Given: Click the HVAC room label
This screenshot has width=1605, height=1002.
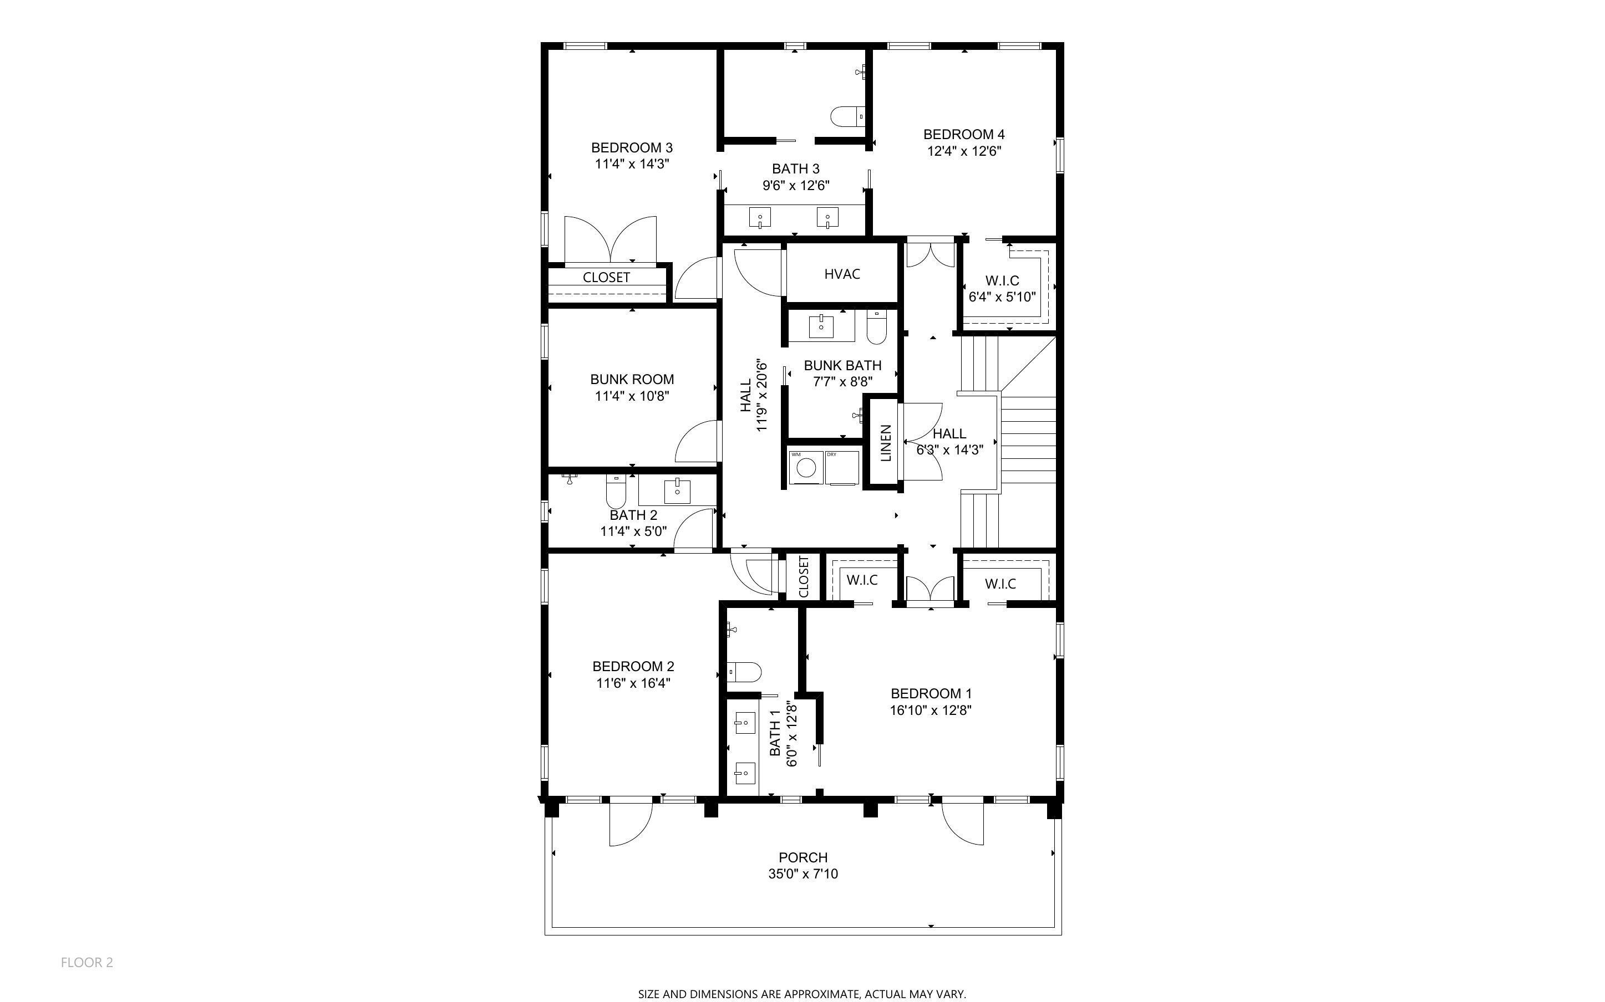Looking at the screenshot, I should (x=842, y=274).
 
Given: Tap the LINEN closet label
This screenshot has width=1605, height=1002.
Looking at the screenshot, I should (x=885, y=443).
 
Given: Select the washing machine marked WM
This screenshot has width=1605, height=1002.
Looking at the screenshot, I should (x=805, y=467).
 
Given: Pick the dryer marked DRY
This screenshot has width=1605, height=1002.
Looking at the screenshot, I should (x=842, y=467).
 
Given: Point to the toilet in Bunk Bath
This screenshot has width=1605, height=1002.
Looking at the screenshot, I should (x=876, y=328).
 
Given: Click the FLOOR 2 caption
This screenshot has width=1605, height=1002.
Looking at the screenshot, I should (x=87, y=962).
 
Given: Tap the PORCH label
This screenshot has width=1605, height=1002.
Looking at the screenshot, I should (x=803, y=857).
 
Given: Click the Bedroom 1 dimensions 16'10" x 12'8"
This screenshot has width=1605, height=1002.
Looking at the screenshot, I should (x=931, y=710).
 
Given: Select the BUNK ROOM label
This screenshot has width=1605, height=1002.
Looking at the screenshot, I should (x=632, y=380).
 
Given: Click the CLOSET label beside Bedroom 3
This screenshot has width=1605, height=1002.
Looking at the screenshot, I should (x=606, y=278).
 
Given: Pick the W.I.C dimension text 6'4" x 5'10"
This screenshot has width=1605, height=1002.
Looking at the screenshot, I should (x=1002, y=297).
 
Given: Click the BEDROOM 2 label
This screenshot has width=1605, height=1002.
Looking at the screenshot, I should (x=633, y=667).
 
